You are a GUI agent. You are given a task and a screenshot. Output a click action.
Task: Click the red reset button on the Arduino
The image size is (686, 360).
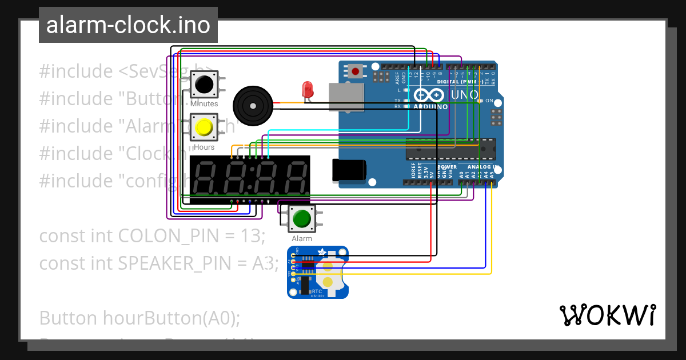coord(356,71)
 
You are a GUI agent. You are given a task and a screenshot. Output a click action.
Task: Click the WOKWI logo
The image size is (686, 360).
coord(607,315)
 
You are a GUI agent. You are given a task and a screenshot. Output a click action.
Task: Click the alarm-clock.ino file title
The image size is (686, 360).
coord(128,25)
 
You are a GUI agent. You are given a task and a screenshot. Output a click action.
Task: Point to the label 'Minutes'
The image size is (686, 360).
coord(204,104)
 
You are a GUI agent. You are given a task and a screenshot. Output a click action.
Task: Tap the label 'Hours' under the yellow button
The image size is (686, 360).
coord(204,147)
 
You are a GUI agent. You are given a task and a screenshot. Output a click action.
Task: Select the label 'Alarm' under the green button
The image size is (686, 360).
coord(302,238)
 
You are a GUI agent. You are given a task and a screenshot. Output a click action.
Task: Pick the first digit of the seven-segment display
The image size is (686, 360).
coord(207,178)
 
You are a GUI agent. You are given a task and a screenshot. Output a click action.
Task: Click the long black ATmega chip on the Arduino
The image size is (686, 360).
coord(450,149)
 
